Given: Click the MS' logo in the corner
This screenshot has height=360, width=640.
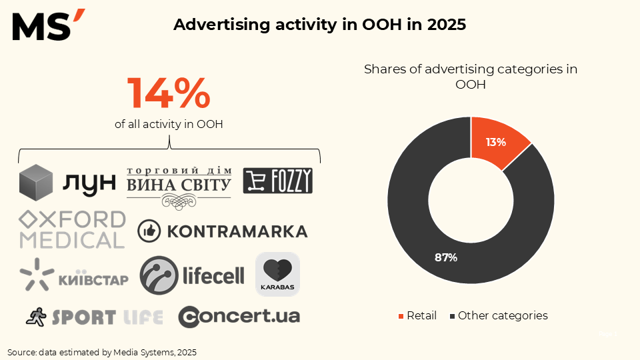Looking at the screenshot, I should (48, 25).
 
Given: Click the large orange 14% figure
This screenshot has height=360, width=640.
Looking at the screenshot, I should (169, 93).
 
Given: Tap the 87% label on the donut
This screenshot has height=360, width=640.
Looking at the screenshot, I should (446, 257).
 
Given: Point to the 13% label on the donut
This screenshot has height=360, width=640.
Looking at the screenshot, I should (495, 142).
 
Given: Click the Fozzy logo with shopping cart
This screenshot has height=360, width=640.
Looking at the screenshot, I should (277, 181).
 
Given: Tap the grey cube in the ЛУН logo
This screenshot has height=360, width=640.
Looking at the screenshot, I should (36, 181).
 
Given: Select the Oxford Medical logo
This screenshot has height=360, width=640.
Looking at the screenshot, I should (72, 229).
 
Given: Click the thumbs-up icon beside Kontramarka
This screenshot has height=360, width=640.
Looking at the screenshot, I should (149, 231).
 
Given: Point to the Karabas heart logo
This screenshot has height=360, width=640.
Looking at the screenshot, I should (277, 274).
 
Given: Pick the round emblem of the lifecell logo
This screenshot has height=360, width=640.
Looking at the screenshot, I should (158, 275).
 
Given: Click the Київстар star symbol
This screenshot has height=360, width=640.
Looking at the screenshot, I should (36, 275).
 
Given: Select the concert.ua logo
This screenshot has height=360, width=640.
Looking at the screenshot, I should (239, 316).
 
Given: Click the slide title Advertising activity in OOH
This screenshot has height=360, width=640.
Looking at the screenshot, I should (319, 25).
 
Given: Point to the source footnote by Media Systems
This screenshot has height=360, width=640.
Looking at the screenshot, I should (102, 351).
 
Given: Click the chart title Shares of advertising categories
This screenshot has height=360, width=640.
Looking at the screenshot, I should (471, 76).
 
